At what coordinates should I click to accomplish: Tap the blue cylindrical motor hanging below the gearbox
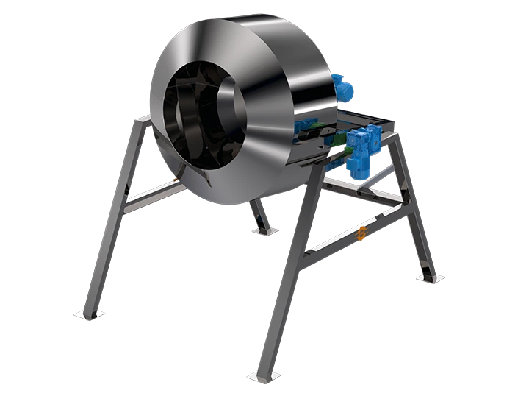[x=359, y=166]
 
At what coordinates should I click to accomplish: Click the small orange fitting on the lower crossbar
[x=361, y=233]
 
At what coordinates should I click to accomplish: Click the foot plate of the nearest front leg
[x=264, y=376]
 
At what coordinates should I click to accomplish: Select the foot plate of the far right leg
[x=429, y=277]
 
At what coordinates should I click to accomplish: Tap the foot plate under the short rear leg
[x=264, y=231]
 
